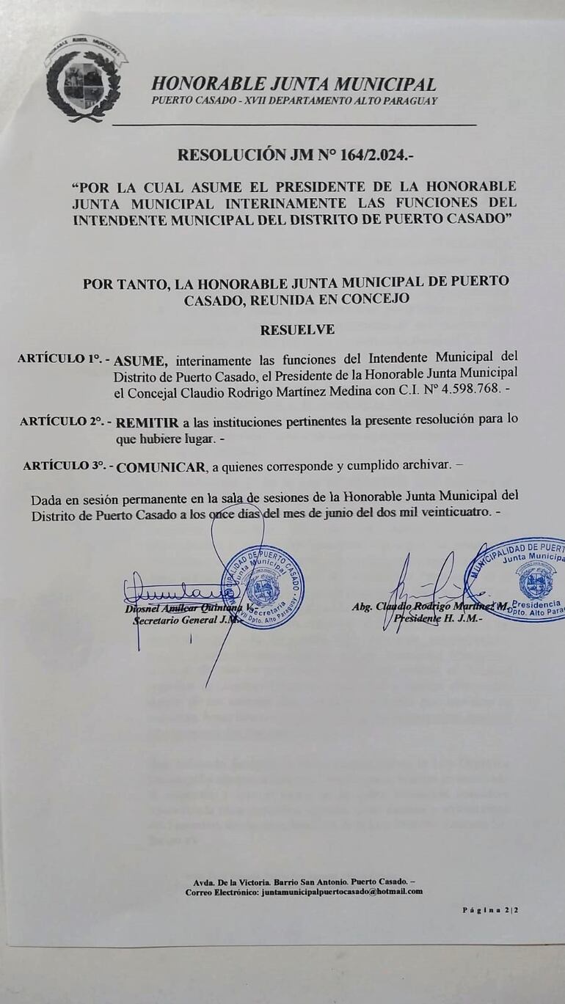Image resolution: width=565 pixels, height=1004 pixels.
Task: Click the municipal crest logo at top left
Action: coord(82,78)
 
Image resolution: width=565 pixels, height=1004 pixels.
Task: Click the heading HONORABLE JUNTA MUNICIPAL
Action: coord(294,84)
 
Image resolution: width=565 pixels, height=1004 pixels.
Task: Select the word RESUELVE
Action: coord(297,330)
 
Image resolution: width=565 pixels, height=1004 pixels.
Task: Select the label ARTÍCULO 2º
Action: coord(64,422)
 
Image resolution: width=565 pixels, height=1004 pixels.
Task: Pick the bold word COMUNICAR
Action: coord(161,466)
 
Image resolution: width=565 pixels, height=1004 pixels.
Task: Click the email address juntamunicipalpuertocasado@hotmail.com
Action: coord(342,891)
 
